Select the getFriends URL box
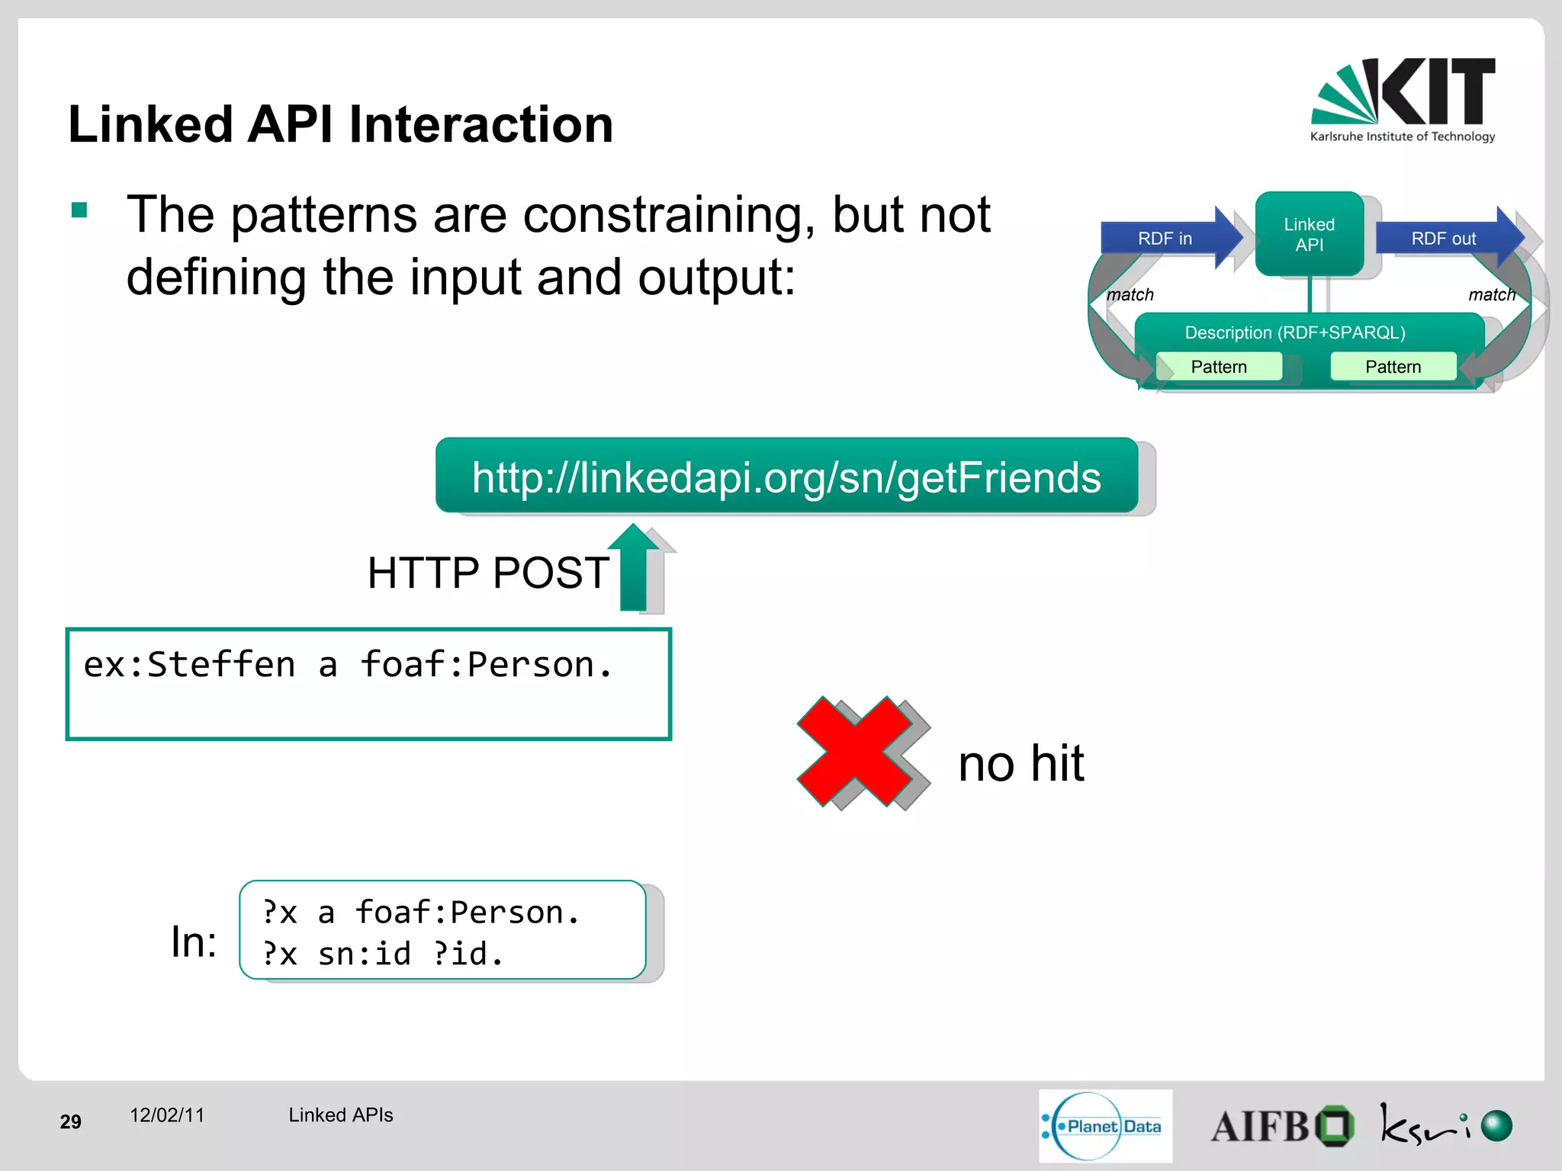[x=786, y=476]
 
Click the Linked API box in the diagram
[x=1309, y=234]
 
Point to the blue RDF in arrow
[x=1167, y=238]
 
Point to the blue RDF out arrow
[x=1445, y=238]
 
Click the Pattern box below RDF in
[x=1218, y=367]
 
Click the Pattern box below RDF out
[x=1393, y=367]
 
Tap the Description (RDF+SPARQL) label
[x=1294, y=332]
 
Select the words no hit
[x=1020, y=763]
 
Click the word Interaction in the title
[x=480, y=124]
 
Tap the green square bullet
[x=79, y=210]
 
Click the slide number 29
[x=70, y=1121]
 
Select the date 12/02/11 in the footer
[x=167, y=1115]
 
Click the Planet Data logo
[x=1104, y=1126]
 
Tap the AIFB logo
[x=1281, y=1126]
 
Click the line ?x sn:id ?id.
[x=383, y=954]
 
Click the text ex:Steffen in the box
[x=189, y=664]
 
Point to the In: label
[x=194, y=942]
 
